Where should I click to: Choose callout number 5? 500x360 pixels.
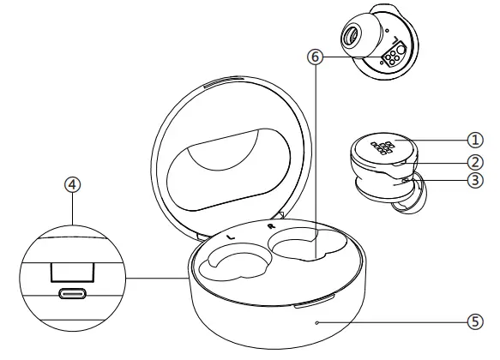point(474,322)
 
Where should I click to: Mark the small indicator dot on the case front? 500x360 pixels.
point(318,322)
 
